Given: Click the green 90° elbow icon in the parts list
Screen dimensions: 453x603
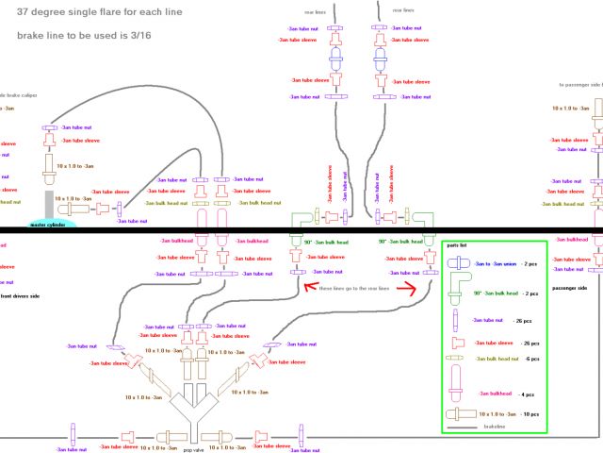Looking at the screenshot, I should (460, 292).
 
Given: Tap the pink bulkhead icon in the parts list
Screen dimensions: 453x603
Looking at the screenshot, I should (458, 390).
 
